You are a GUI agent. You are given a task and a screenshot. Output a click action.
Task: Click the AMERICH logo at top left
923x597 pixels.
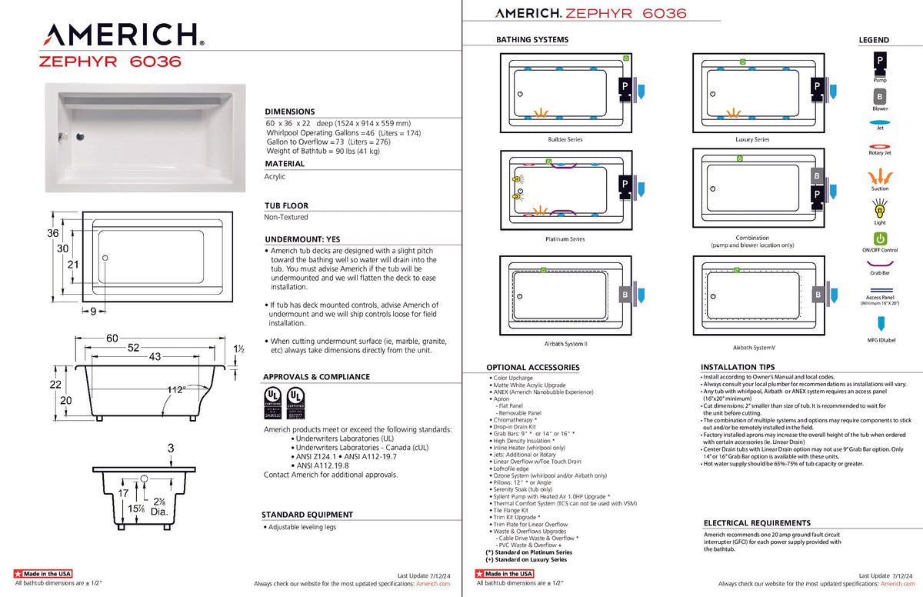point(124,35)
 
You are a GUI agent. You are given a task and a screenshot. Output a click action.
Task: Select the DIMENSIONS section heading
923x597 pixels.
point(289,112)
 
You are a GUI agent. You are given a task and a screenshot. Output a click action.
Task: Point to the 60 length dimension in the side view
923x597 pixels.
point(112,339)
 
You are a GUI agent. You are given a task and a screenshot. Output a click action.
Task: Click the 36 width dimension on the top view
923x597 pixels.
point(53,233)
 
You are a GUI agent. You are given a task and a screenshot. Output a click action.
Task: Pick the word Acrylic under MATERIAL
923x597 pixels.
point(275,177)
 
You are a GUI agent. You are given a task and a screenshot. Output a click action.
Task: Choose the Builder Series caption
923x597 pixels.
point(565,139)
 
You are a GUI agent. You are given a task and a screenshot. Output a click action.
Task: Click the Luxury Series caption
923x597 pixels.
point(751,139)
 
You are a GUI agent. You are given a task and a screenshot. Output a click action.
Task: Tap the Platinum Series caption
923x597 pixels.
point(565,239)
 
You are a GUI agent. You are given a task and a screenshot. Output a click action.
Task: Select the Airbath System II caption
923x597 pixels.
point(565,344)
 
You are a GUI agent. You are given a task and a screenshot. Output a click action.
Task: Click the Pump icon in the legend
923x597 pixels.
point(879,61)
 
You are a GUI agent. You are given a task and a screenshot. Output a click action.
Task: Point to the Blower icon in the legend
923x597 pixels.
point(879,97)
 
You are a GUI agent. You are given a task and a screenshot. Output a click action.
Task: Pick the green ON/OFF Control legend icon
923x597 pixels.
point(880,238)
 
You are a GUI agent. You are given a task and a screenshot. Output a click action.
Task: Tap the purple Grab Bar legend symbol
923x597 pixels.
point(880,263)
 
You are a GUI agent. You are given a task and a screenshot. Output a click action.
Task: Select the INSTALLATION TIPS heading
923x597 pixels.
point(738,368)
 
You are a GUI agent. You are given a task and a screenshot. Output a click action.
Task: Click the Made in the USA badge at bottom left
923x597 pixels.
point(44,574)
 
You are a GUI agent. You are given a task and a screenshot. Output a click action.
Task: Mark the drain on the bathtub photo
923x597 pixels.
point(79,138)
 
